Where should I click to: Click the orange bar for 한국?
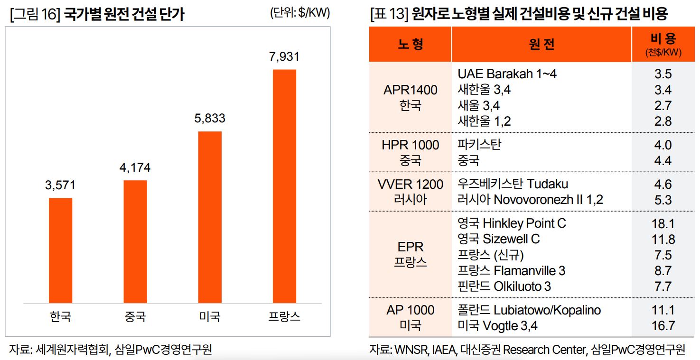pos(61,250)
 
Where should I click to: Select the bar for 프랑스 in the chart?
pos(284,186)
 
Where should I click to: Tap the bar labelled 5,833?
pos(210,217)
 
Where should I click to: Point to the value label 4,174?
pos(135,167)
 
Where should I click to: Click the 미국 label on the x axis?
pos(210,316)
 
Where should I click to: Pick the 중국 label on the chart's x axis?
pos(135,316)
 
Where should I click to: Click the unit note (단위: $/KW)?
pos(299,13)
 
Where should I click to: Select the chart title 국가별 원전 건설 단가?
pos(124,15)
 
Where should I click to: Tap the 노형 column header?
pos(410,44)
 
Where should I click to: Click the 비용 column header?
pos(663,44)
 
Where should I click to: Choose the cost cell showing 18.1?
pos(663,223)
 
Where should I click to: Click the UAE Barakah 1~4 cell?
pos(507,74)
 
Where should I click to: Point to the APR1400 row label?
pos(411,90)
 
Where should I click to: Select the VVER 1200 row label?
pos(411,184)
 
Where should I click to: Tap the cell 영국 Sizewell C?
pos(499,239)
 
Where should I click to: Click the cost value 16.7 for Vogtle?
pos(663,326)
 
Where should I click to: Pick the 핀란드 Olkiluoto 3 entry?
pos(504,286)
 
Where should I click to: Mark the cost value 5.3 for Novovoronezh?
pos(663,200)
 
